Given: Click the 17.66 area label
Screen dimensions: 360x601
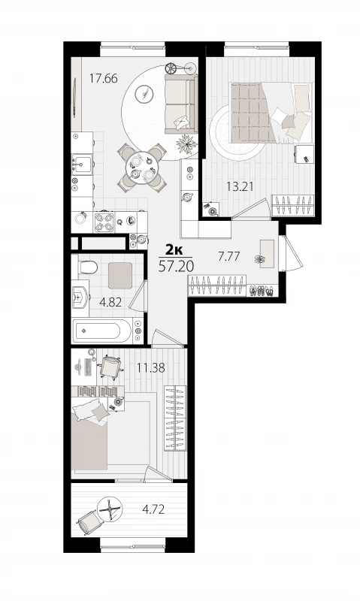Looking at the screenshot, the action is coord(104,79).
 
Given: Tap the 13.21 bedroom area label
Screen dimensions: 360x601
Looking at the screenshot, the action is coord(241,186).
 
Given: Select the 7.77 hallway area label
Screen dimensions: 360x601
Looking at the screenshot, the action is coord(229,256).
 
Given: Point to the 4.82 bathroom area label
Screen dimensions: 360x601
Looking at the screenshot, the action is coord(110,303).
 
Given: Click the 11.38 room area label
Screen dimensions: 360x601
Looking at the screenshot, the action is coord(151,368).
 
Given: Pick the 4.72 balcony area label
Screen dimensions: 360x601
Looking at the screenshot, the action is coord(153,509).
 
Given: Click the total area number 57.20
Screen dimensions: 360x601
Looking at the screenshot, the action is coord(176,266).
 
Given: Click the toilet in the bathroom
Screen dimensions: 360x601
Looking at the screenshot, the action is coord(86,267).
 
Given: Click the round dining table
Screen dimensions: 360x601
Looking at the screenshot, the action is coord(142,168).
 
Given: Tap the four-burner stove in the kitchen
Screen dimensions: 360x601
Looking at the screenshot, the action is coord(104,222).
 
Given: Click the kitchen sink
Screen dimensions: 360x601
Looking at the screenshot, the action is coord(82,165).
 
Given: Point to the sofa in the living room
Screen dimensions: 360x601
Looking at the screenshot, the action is coord(181,104).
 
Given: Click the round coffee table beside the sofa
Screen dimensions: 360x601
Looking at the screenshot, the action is coord(144,93).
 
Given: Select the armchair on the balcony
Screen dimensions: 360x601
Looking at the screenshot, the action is coord(90,522).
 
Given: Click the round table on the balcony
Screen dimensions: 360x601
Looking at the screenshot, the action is coord(110,509).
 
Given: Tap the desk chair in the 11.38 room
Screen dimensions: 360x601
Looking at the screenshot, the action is coord(110,367).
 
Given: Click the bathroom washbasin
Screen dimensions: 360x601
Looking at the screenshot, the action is coord(80,297).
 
